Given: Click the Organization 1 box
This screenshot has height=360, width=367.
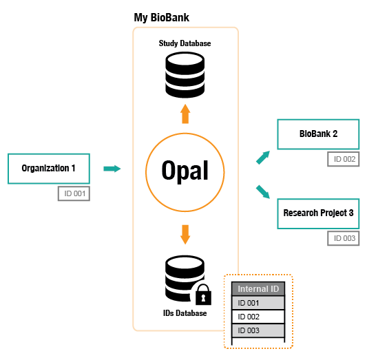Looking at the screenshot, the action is pyautogui.click(x=49, y=169).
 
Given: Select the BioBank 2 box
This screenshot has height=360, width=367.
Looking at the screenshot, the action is pyautogui.click(x=318, y=134).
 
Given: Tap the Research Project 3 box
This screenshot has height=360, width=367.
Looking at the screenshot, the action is pyautogui.click(x=318, y=213).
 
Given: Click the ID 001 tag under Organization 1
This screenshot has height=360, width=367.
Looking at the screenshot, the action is pyautogui.click(x=74, y=193).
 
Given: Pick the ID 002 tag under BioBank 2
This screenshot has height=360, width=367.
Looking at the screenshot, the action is pyautogui.click(x=344, y=159).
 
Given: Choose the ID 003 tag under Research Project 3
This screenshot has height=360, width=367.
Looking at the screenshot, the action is pyautogui.click(x=344, y=238).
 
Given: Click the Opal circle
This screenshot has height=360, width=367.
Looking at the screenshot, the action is pyautogui.click(x=185, y=172).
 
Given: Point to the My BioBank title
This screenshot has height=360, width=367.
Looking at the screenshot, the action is pyautogui.click(x=162, y=17).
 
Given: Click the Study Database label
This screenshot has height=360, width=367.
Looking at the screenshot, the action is pyautogui.click(x=185, y=43).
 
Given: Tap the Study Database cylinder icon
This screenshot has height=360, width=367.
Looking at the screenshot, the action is pyautogui.click(x=185, y=75).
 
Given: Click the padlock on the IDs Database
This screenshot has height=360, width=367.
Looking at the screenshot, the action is pyautogui.click(x=203, y=295).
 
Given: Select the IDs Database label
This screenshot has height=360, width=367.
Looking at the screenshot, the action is pyautogui.click(x=185, y=313).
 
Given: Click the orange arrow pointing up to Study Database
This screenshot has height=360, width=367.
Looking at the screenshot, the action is pyautogui.click(x=185, y=114).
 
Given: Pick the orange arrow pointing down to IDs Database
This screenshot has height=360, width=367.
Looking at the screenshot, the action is pyautogui.click(x=185, y=235).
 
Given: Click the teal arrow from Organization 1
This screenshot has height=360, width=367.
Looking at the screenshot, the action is pyautogui.click(x=112, y=169).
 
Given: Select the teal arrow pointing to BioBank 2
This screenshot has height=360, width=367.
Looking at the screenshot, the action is pyautogui.click(x=263, y=158).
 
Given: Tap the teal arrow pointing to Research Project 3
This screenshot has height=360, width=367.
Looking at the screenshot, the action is pyautogui.click(x=263, y=192).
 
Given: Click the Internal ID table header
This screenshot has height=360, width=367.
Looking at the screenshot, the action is pyautogui.click(x=258, y=289).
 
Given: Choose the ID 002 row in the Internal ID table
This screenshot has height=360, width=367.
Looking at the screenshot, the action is pyautogui.click(x=258, y=317).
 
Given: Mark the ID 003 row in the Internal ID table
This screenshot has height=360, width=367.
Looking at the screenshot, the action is pyautogui.click(x=258, y=330).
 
